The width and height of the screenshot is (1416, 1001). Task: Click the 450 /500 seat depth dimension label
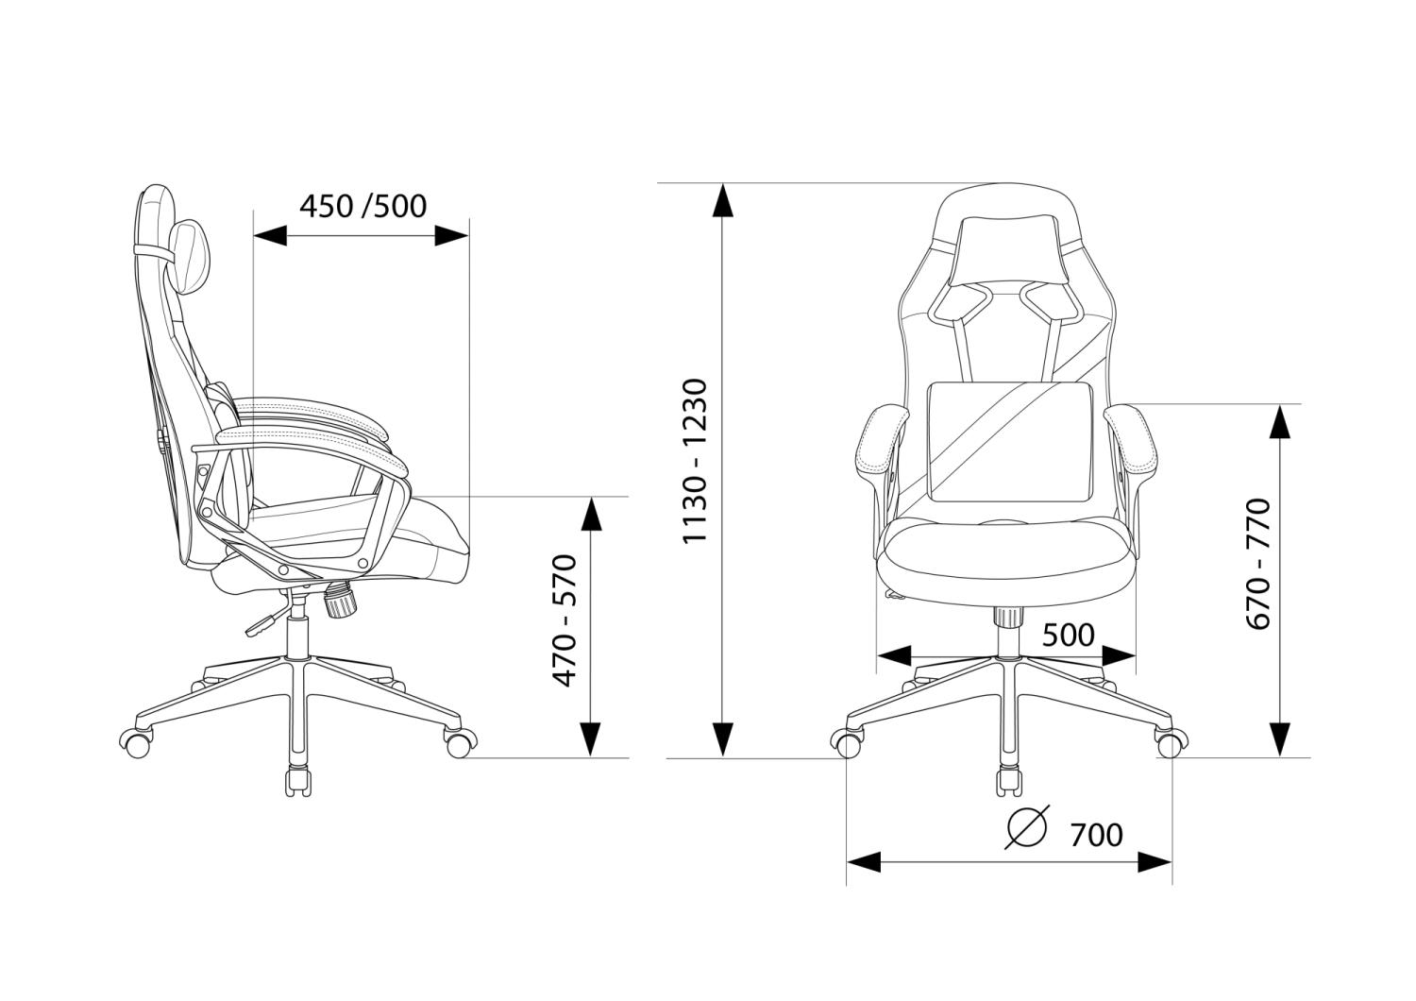click(363, 206)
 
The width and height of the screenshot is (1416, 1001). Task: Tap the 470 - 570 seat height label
click(565, 620)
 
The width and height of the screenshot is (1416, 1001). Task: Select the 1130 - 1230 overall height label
click(695, 460)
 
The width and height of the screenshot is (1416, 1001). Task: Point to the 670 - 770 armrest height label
click(1258, 564)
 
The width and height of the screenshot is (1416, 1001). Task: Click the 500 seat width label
click(1068, 635)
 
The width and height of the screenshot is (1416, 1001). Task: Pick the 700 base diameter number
click(1097, 836)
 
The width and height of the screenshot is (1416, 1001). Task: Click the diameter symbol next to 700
click(1027, 828)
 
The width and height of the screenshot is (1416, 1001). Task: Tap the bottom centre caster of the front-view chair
click(1008, 782)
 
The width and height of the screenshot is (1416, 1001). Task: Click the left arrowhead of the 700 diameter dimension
click(864, 862)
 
